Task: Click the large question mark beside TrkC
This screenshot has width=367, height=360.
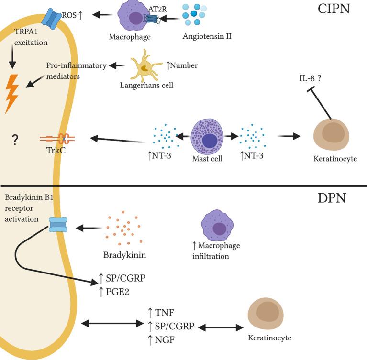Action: pos(15,140)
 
